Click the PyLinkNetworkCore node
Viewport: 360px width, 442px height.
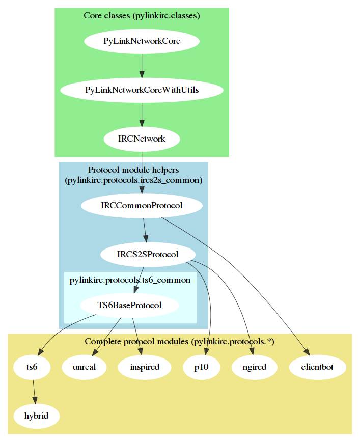coord(142,41)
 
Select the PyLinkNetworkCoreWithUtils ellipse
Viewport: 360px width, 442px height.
coord(142,90)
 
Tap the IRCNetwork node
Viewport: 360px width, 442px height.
coord(142,139)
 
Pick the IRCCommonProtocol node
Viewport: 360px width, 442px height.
coord(142,206)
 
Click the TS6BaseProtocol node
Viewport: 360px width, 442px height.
coord(129,306)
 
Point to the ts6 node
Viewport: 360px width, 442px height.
coord(32,367)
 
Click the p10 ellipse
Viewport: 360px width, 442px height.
coord(202,367)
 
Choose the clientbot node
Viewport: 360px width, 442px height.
coord(318,367)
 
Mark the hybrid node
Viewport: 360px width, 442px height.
coord(36,416)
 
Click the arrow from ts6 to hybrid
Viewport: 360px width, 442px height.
coord(34,391)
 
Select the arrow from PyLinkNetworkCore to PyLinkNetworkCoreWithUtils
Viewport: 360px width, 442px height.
coord(142,65)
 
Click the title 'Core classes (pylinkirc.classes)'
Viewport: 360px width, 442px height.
coord(142,16)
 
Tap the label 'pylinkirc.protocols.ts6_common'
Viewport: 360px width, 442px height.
coord(129,280)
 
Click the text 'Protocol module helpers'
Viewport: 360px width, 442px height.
coord(133,170)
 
